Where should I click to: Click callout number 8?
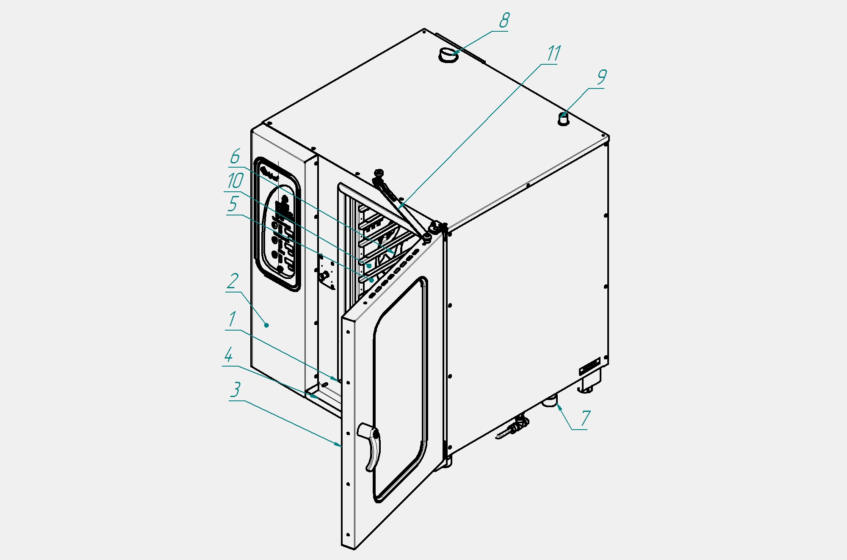click(504, 20)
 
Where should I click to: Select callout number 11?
click(554, 54)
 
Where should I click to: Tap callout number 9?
click(602, 77)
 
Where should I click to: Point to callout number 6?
click(235, 157)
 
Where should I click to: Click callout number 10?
click(235, 181)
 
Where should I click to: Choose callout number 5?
click(233, 204)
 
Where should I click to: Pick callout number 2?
click(233, 281)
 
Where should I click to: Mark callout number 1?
click(232, 319)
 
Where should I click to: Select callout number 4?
click(229, 355)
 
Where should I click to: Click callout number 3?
click(235, 389)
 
